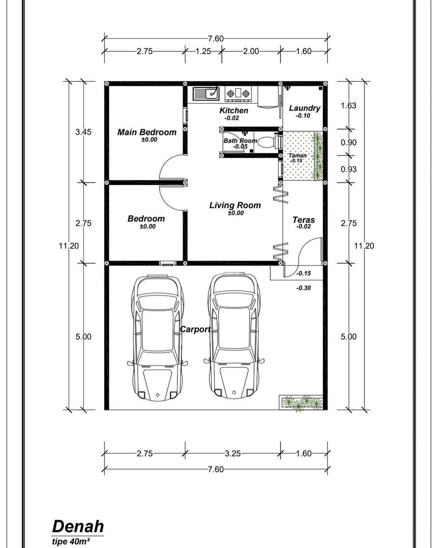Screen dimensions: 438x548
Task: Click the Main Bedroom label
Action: (146, 132)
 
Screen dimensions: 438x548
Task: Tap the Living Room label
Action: (235, 205)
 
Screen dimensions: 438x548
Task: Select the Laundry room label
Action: (305, 108)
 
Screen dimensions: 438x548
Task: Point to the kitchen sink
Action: (206, 93)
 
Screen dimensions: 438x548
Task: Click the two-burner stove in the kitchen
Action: (238, 94)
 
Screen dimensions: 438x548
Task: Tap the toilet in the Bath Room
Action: (268, 142)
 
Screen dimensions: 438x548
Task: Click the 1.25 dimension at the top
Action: (203, 52)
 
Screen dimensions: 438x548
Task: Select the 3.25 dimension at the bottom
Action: (233, 453)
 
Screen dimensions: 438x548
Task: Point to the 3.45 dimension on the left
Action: (83, 132)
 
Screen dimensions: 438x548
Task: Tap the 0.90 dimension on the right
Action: (348, 142)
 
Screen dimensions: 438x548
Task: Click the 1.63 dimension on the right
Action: (348, 106)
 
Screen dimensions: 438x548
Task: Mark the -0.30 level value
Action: (303, 288)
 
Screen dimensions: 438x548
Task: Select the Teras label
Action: (303, 220)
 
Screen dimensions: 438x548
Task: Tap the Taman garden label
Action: (297, 155)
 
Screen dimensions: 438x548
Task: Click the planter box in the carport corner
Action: (301, 402)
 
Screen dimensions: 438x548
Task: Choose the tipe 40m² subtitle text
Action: (71, 542)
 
